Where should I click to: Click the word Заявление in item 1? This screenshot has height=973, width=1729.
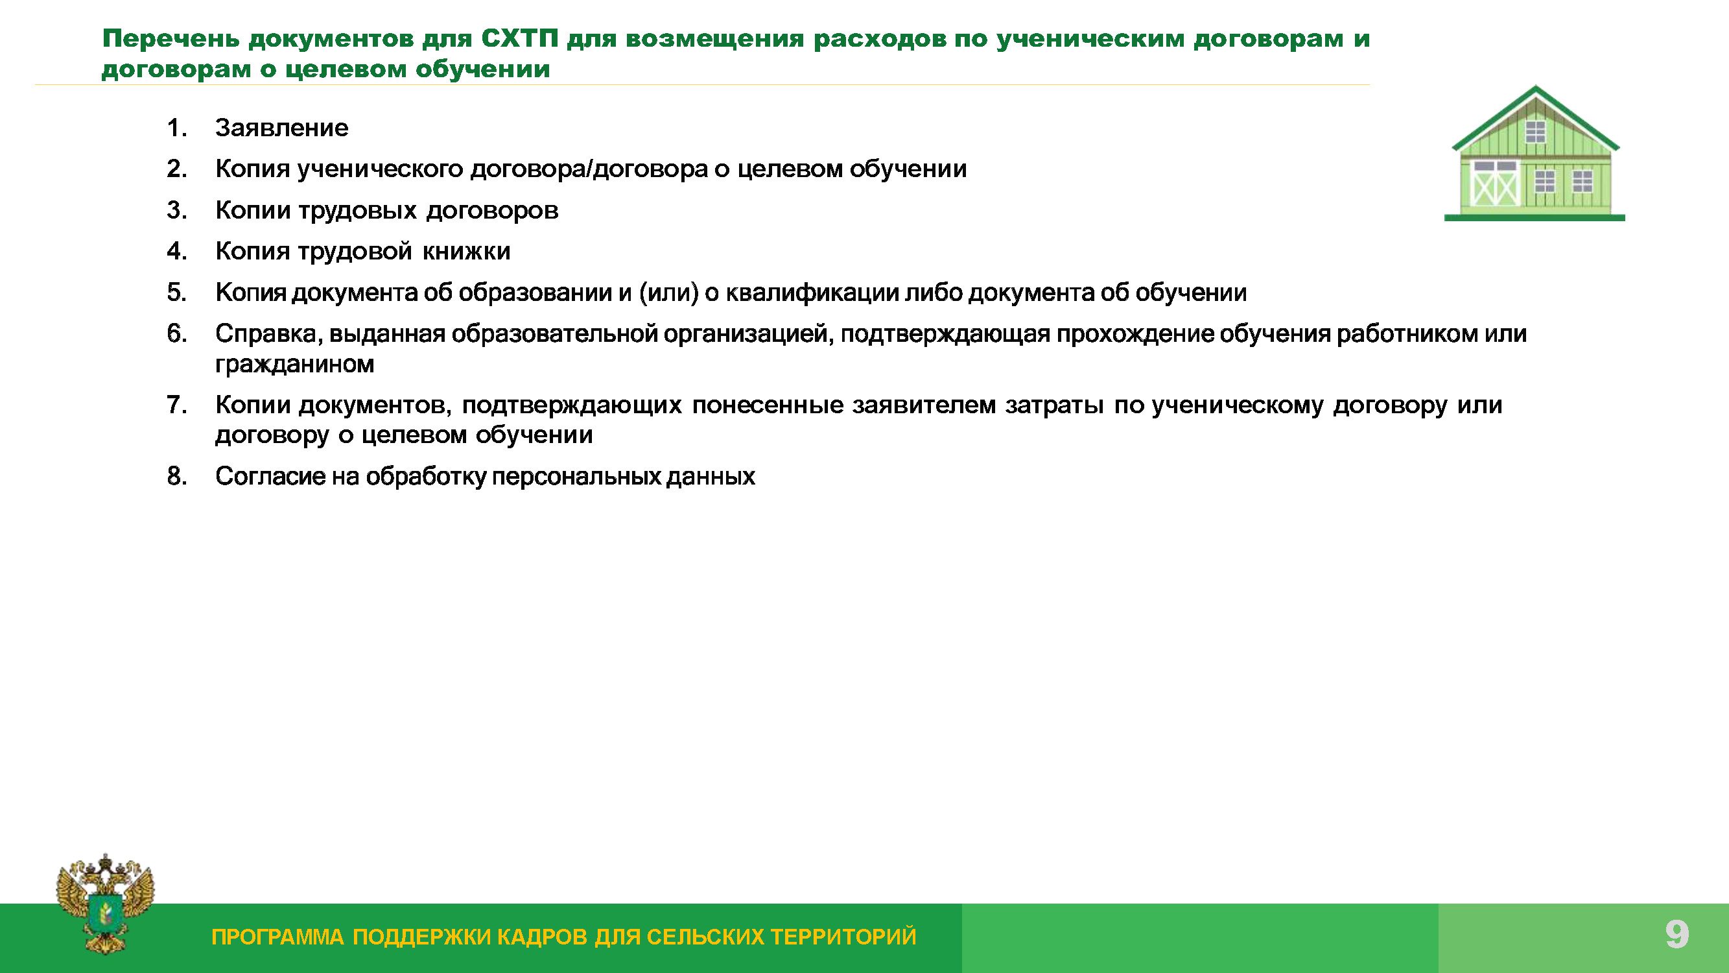pyautogui.click(x=281, y=128)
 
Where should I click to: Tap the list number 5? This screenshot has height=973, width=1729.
pyautogui.click(x=176, y=292)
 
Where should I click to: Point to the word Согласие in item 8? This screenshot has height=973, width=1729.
pyautogui.click(x=270, y=476)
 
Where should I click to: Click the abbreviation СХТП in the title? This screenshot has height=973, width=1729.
pyautogui.click(x=519, y=39)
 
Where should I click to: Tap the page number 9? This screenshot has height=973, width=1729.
pyautogui.click(x=1676, y=934)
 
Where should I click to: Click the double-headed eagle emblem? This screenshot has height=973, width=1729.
pyautogui.click(x=105, y=902)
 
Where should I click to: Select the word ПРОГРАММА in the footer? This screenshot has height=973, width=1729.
pyautogui.click(x=277, y=937)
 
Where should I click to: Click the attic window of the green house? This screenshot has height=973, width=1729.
pyautogui.click(x=1536, y=132)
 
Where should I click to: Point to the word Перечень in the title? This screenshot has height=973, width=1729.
pyautogui.click(x=171, y=39)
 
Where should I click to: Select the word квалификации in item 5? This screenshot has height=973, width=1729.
pyautogui.click(x=812, y=293)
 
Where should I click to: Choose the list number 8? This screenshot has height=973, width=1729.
pyautogui.click(x=176, y=476)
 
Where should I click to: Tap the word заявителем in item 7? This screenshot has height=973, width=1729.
pyautogui.click(x=924, y=405)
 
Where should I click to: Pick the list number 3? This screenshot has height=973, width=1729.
pyautogui.click(x=176, y=210)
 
